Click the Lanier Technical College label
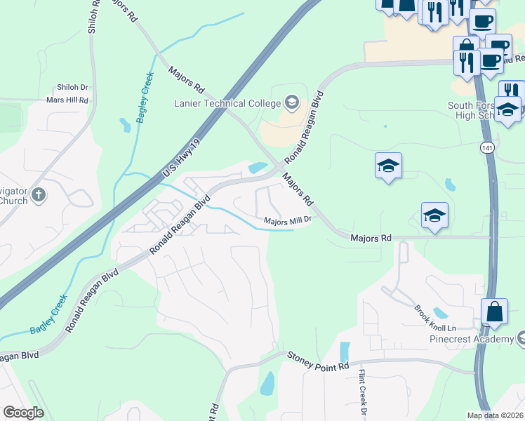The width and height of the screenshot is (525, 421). pyautogui.click(x=227, y=103)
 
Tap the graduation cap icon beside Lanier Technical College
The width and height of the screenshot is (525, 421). pyautogui.click(x=291, y=103)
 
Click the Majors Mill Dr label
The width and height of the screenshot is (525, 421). pyautogui.click(x=287, y=220)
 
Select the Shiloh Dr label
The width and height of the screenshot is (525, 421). pyautogui.click(x=73, y=88)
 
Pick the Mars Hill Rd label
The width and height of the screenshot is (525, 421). pyautogui.click(x=69, y=100)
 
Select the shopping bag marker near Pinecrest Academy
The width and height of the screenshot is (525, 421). pyautogui.click(x=495, y=312)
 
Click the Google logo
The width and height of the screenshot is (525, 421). pyautogui.click(x=22, y=413)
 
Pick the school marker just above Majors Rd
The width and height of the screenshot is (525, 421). pyautogui.click(x=435, y=218)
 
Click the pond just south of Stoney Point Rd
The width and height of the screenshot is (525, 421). pyautogui.click(x=267, y=383)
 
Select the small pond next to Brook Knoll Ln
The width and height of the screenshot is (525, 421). pyautogui.click(x=440, y=312)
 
